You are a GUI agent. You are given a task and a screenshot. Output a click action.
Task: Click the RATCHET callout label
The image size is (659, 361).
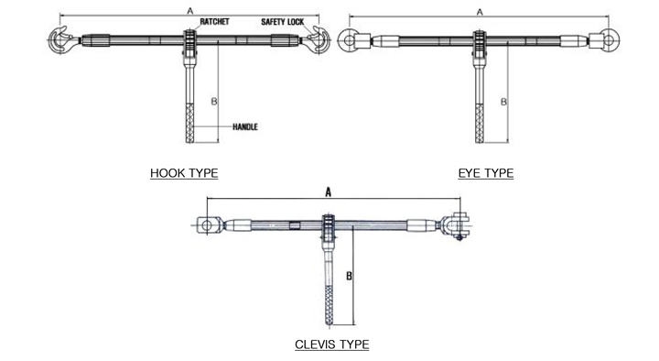click(214, 21)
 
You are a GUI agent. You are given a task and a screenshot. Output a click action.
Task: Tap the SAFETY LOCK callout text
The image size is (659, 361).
click(283, 22)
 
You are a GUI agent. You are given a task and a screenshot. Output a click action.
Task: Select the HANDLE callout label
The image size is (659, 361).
click(245, 126)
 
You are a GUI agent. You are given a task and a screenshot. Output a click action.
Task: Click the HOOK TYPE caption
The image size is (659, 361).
click(184, 173)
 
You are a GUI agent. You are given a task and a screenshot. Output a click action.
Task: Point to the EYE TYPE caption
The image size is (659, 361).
click(486, 173)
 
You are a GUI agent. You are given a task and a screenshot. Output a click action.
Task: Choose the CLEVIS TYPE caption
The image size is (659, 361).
click(332, 345)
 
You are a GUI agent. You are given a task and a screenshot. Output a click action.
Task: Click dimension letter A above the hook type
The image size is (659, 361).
click(190, 11)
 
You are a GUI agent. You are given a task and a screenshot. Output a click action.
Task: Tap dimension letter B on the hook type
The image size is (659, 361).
click(214, 102)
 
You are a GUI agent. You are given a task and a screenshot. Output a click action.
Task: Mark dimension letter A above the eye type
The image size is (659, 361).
click(480, 12)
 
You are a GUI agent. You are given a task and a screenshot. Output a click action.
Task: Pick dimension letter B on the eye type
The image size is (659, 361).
click(503, 102)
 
